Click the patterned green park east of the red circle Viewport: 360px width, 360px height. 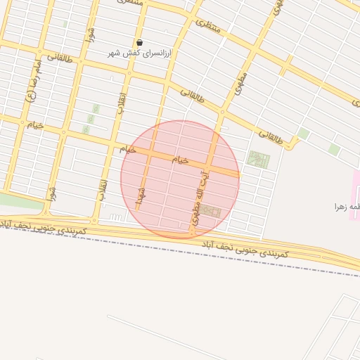(258, 160)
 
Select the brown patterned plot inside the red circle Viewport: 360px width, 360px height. (210, 211)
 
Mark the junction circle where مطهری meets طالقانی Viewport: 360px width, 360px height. (223, 111)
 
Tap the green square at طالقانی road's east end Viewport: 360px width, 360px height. (304, 133)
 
